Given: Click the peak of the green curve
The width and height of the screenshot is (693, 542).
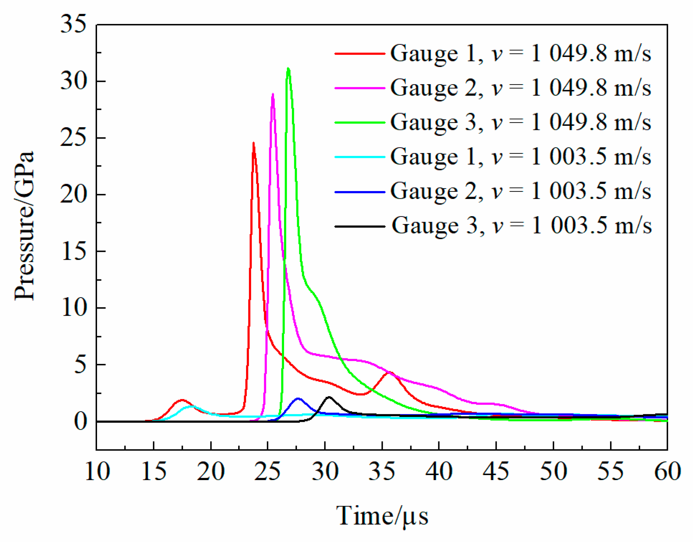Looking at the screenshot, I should click(x=288, y=69).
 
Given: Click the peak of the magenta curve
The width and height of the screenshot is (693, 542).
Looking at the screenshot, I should click(x=273, y=94).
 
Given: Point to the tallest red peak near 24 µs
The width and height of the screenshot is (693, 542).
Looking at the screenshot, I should click(x=253, y=144).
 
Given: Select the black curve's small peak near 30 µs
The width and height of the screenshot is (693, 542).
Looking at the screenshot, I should click(x=329, y=397).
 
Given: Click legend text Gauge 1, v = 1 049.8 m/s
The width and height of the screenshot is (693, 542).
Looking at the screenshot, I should click(x=520, y=53).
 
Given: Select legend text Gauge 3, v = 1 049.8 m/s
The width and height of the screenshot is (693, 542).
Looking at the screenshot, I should click(x=520, y=122).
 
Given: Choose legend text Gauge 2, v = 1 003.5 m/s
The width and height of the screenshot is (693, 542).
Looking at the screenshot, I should click(x=520, y=191).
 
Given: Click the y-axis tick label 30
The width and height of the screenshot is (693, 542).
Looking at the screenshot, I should click(x=74, y=81).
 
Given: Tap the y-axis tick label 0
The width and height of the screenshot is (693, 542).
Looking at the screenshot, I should click(x=80, y=422).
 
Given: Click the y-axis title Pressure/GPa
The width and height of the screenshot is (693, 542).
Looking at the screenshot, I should click(x=25, y=225).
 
